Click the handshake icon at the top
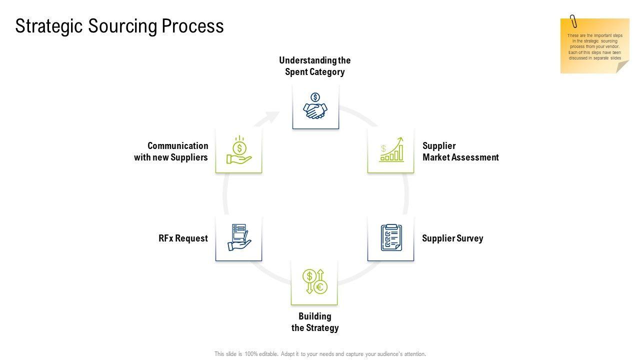[315, 106]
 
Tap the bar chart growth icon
[391, 149]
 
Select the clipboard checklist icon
[391, 237]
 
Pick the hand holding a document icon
[239, 237]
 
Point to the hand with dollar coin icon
[239, 150]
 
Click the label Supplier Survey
[452, 238]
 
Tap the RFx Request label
[183, 238]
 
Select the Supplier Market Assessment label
[460, 151]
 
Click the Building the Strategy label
[315, 322]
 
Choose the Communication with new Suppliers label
[171, 151]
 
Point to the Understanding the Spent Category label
[315, 66]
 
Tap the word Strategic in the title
[49, 26]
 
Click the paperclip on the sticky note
[573, 21]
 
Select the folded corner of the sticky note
[622, 67]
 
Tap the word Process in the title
[192, 26]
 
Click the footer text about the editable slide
[320, 354]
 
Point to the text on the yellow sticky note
[594, 47]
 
